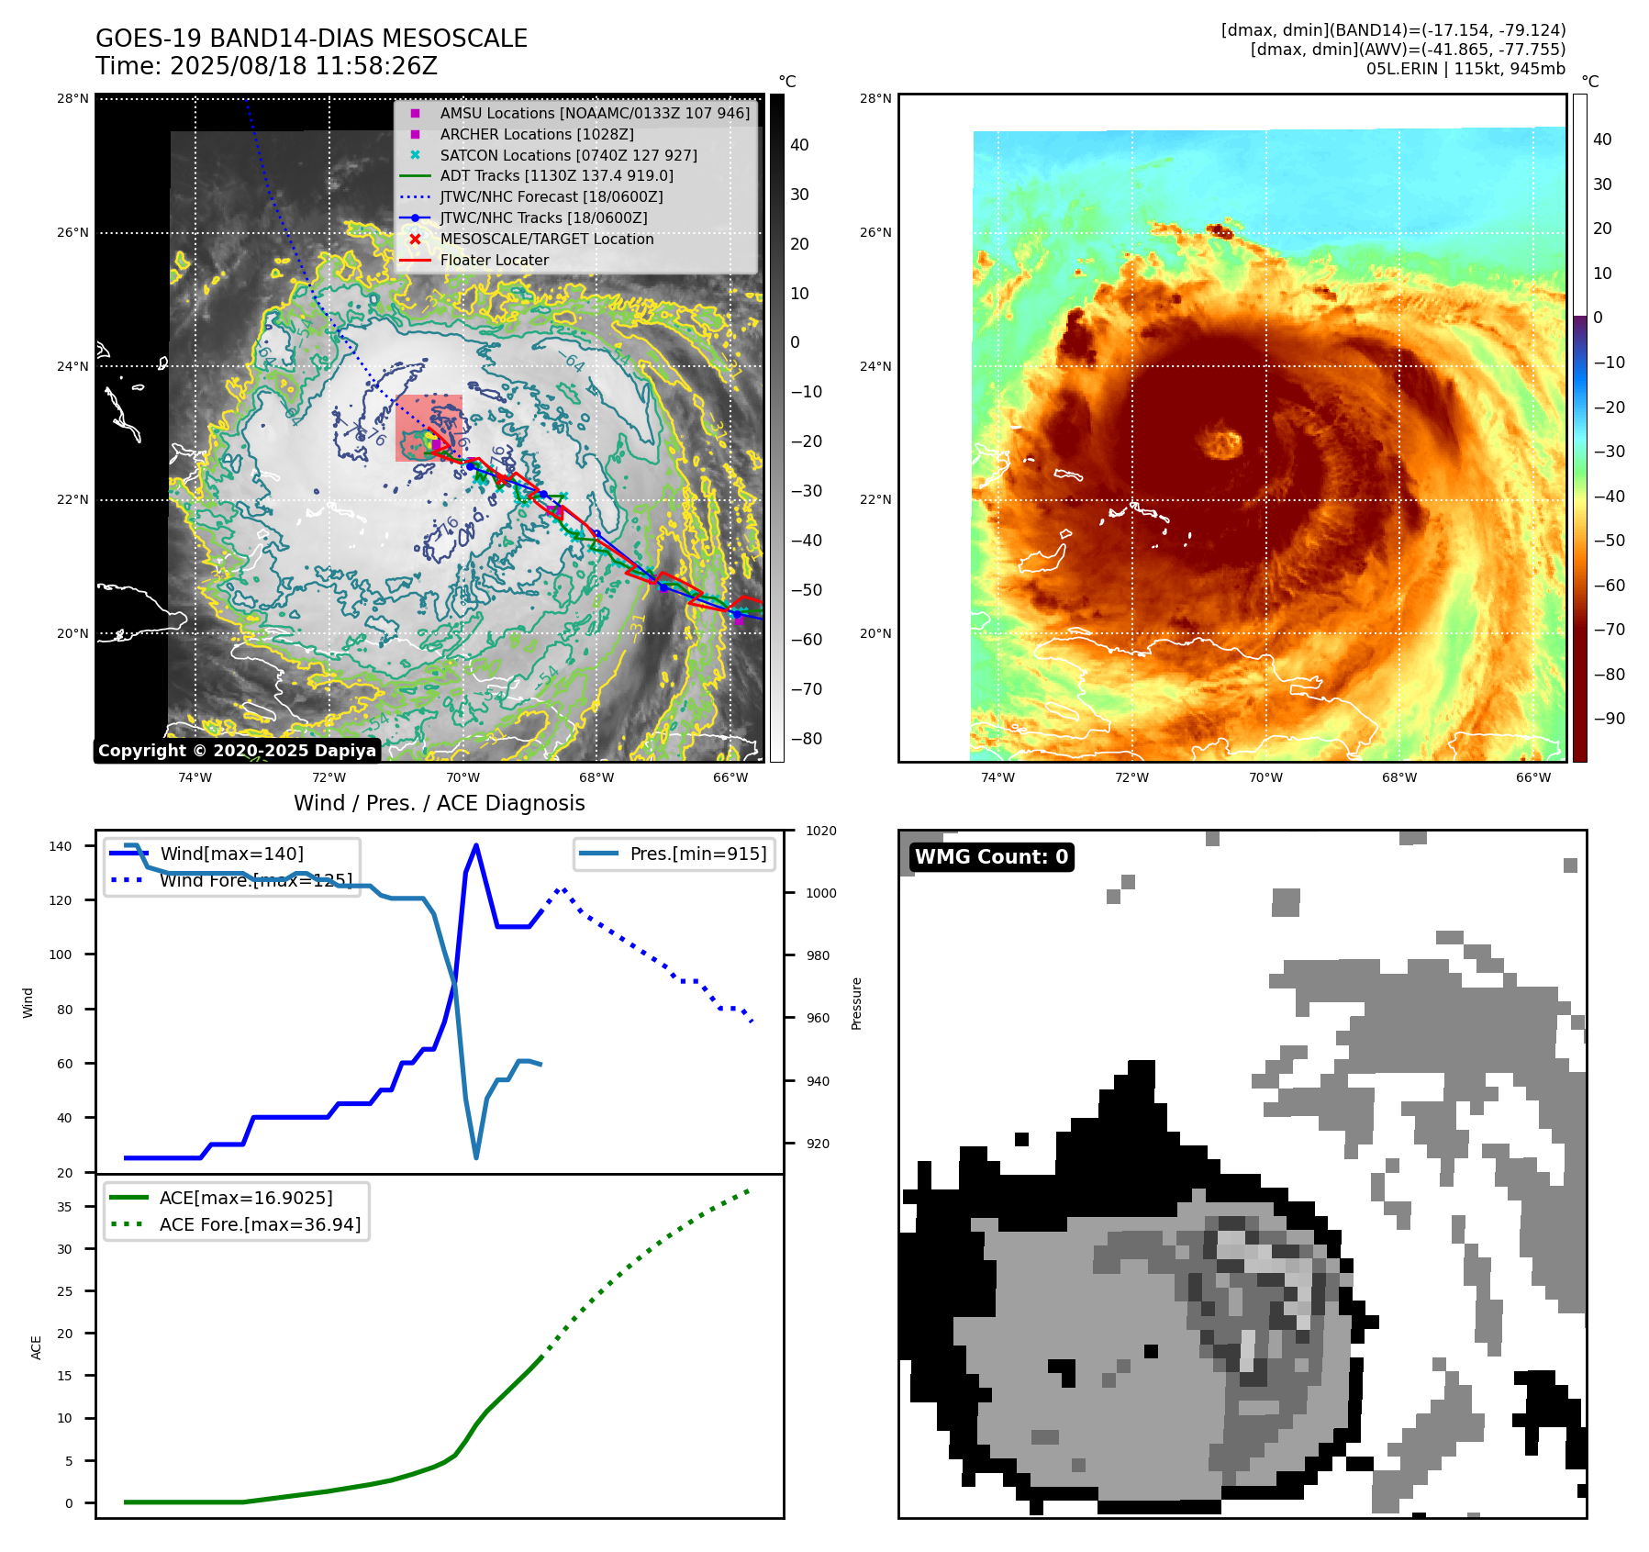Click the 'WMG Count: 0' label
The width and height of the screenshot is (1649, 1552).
point(991,856)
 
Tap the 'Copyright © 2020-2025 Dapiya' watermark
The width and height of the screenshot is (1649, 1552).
point(237,750)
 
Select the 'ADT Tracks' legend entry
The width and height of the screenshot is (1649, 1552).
point(556,175)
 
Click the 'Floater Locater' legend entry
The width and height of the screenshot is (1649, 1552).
point(494,260)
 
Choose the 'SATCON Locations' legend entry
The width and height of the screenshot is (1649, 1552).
point(568,155)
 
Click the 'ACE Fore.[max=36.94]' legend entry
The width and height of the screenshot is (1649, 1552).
point(260,1224)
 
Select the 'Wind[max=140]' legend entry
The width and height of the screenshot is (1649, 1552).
point(231,854)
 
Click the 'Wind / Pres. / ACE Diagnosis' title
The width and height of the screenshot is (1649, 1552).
point(439,803)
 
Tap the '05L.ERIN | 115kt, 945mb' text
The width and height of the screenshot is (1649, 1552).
point(1465,69)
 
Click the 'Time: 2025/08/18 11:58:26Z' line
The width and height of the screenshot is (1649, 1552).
point(266,66)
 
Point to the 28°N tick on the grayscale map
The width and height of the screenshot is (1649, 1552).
point(73,98)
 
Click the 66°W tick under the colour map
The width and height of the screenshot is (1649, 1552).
point(1532,777)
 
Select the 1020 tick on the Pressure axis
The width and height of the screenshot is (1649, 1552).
point(820,831)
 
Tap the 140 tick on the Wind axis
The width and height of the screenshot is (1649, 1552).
point(61,846)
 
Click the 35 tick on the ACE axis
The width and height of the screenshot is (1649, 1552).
point(64,1207)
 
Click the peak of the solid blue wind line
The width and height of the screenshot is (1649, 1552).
point(475,845)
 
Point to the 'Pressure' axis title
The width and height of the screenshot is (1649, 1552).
point(856,1003)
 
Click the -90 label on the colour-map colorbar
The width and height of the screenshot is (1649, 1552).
point(1609,718)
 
